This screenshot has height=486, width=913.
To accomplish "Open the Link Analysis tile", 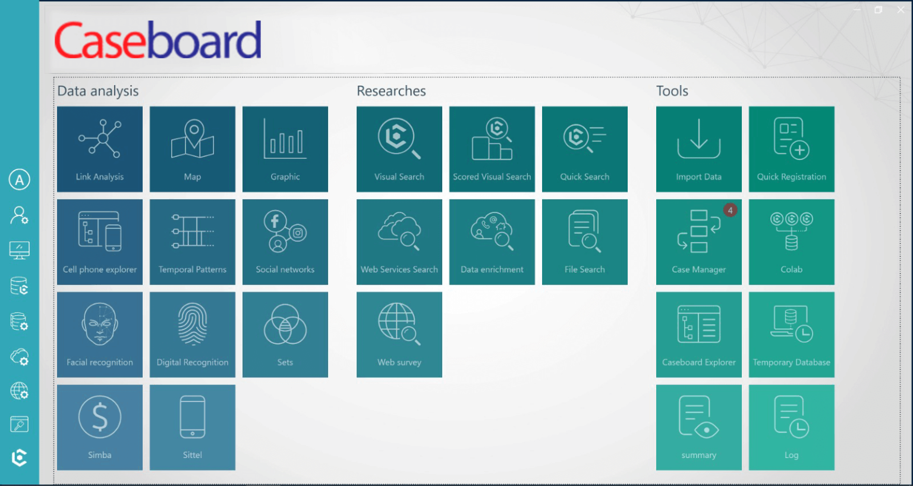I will pos(100,149).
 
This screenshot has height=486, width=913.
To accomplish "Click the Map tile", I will pos(193,149).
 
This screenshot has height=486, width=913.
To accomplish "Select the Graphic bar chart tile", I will pos(285,149).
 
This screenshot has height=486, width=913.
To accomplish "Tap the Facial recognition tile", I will pos(100,334).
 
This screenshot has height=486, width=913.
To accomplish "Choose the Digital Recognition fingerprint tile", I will pos(193,334).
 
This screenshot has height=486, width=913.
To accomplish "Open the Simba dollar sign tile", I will pos(100,427).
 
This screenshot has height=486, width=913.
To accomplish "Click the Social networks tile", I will pos(285,242).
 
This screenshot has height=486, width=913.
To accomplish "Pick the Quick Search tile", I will pos(585,149).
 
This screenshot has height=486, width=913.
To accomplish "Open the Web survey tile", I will pos(399,334).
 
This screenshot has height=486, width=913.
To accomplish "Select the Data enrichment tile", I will pos(492,242).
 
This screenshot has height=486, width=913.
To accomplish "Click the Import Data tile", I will pos(699,149).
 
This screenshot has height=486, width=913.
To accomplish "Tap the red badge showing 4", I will pos(730,210).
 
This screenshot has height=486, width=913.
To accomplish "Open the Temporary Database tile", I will pos(792,334).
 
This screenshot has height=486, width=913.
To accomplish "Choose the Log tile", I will pos(792,427).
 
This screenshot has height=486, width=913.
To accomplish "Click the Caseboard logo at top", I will pos(158,40).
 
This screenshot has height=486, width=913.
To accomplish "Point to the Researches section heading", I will pos(391,91).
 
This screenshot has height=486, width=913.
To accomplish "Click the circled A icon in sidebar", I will pos(20,180).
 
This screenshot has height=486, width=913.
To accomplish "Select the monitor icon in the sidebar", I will pos(20,250).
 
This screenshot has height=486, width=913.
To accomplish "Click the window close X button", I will pos(901,10).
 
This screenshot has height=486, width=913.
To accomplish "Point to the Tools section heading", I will pos(672,91).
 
